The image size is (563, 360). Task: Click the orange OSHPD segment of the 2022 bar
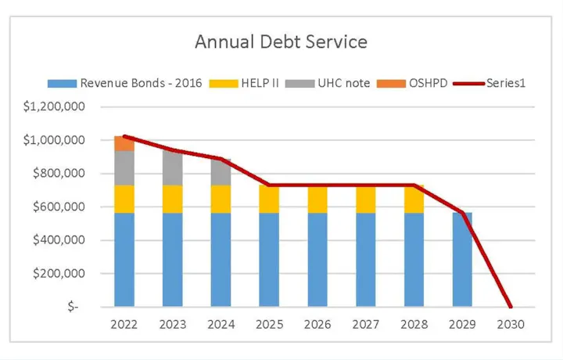coord(124,143)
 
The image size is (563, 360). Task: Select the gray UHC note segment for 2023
coord(173,168)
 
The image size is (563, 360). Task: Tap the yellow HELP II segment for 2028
coord(414,199)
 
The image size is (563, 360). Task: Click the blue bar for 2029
coord(461,259)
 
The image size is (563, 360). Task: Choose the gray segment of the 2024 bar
coord(221,172)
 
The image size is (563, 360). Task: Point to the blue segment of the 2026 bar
coord(317,259)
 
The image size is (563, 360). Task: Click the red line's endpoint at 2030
coord(510,306)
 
